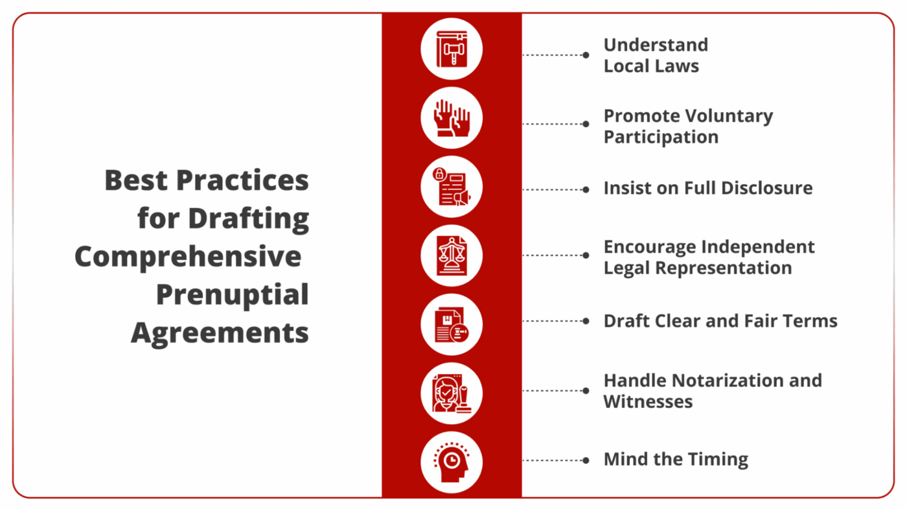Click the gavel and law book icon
[452, 49]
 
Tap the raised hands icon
[452, 118]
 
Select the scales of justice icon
[452, 255]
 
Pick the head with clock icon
[452, 462]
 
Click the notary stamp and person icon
[452, 394]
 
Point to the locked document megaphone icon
[452, 187]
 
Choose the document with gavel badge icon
[452, 324]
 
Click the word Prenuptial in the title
[232, 295]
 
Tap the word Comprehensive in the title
[188, 257]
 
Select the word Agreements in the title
[220, 333]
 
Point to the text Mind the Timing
[676, 460]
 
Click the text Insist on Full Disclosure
[707, 188]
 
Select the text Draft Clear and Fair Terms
[720, 321]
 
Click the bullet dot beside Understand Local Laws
[586, 55]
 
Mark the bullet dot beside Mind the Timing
[586, 460]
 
